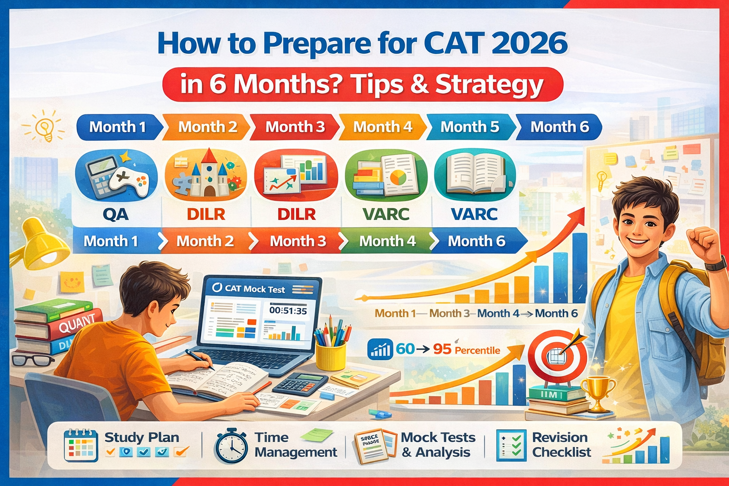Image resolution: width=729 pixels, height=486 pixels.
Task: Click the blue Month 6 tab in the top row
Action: tap(559, 127)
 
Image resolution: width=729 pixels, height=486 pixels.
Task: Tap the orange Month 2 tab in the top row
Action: tap(207, 127)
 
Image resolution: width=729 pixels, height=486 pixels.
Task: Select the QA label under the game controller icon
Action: tap(116, 214)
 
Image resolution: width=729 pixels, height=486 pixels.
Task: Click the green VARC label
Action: tap(386, 214)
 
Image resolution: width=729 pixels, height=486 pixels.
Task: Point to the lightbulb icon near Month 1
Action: tap(45, 126)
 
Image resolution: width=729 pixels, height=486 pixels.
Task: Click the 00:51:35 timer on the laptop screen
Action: tap(288, 311)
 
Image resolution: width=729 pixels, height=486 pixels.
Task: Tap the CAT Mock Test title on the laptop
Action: tap(254, 289)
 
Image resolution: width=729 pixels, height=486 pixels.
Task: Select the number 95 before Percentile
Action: tap(442, 349)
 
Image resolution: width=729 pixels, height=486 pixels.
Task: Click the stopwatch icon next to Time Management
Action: tap(231, 446)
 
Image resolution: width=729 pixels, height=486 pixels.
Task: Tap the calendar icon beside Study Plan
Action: tap(81, 445)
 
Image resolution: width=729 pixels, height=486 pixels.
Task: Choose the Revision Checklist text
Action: tap(561, 445)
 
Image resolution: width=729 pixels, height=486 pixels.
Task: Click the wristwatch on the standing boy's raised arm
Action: tap(716, 263)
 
